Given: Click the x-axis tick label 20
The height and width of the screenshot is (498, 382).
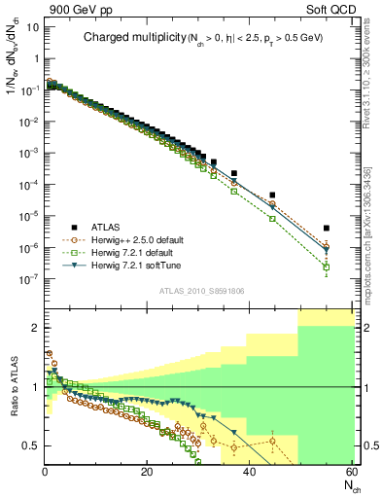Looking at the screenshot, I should (147, 473).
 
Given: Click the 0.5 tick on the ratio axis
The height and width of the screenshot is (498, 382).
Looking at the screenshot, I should (31, 445).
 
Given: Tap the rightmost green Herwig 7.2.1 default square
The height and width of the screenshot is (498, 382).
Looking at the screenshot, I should (327, 267).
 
